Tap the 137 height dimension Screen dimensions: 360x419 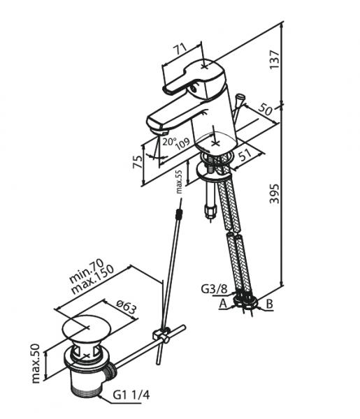(275, 59)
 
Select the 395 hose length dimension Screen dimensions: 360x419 (275, 193)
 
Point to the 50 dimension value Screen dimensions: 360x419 (266, 110)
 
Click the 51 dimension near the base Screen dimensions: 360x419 (245, 155)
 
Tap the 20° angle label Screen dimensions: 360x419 (169, 141)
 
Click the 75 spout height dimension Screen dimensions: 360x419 (138, 162)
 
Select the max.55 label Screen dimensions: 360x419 (179, 182)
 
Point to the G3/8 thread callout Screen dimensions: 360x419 (214, 289)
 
